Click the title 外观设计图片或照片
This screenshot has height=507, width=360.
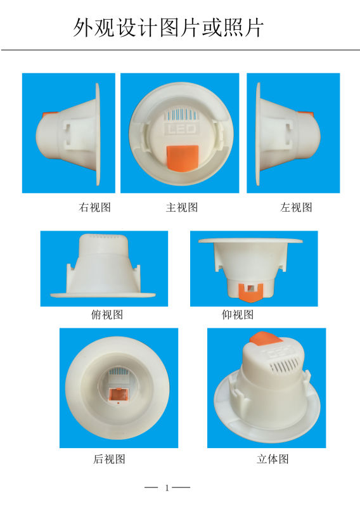pos(168,27)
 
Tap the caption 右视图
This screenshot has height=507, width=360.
pos(95,207)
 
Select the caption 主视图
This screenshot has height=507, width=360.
pos(182,207)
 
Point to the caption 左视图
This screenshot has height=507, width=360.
pos(296,207)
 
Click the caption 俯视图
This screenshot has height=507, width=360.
pos(107,314)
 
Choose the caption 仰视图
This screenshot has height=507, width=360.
pos(238,314)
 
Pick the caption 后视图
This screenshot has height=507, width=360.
pos(109,459)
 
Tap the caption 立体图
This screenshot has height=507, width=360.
pos(273,459)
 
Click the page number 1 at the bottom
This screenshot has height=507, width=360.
pos(167,487)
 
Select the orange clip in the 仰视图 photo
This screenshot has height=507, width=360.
pos(251,292)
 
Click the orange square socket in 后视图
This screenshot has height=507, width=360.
pos(118,395)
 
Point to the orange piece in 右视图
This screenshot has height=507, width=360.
pos(49,115)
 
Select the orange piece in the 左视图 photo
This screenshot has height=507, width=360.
pos(306,114)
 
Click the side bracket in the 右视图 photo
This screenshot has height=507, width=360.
pos(71,134)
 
